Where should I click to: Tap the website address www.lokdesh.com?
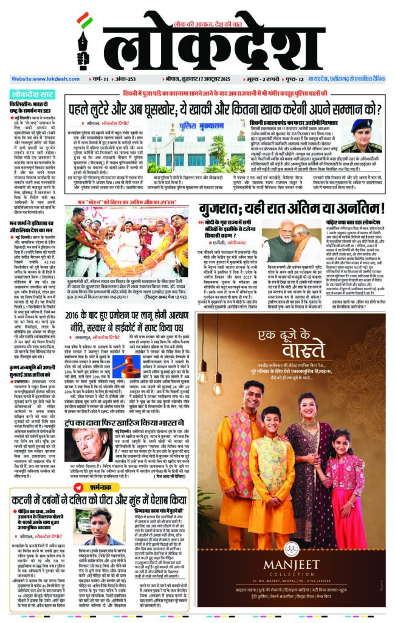(39, 79)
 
